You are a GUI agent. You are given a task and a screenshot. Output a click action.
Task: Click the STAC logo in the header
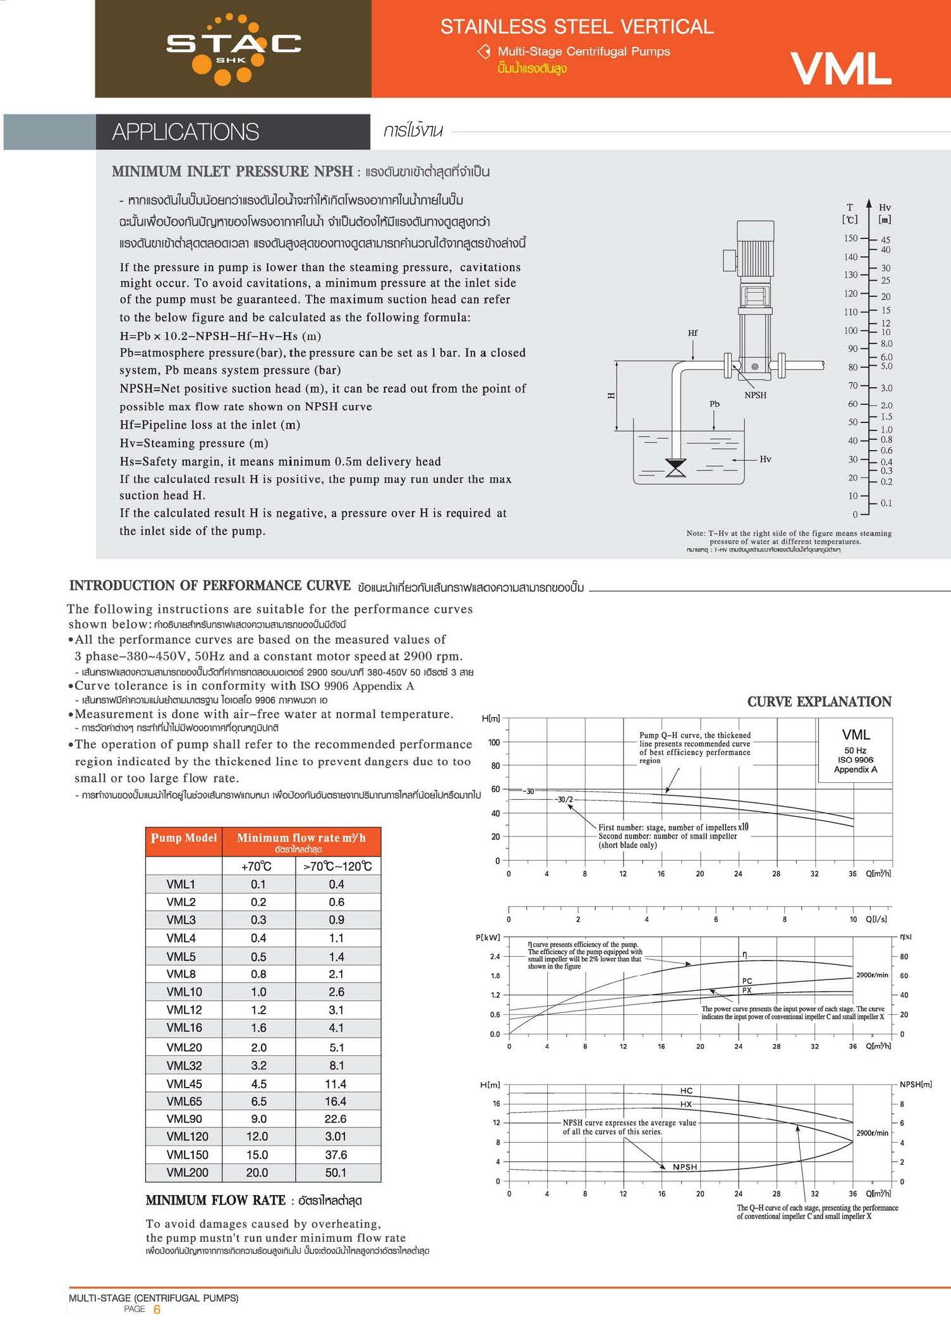[x=233, y=48]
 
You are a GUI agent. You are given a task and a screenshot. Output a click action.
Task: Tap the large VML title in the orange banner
[x=840, y=68]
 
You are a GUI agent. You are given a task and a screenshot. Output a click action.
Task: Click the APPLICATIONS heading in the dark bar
[x=186, y=132]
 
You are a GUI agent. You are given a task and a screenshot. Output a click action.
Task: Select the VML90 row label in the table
[x=184, y=1119]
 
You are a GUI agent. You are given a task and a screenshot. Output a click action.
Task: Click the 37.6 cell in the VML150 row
[x=336, y=1155]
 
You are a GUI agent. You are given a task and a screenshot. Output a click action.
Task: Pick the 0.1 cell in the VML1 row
[x=258, y=884]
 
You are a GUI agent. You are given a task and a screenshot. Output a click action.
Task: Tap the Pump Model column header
[x=184, y=838]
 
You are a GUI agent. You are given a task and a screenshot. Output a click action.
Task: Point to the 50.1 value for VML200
[x=336, y=1172]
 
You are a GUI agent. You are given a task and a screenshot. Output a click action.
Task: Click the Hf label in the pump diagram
[x=693, y=333]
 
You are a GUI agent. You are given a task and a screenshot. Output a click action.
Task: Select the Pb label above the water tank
[x=715, y=403]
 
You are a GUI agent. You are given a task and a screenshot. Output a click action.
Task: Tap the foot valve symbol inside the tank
[x=675, y=469]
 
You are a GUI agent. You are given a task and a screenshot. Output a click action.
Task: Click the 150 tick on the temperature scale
[x=851, y=238]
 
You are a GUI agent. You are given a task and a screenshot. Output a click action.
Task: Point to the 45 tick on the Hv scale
[x=886, y=240]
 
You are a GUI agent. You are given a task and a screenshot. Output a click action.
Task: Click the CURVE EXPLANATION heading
[x=819, y=701]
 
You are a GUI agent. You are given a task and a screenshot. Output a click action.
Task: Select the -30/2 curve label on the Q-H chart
[x=564, y=799]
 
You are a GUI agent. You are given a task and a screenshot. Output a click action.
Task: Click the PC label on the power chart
[x=747, y=981]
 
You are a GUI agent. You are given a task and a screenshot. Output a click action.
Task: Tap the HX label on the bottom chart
[x=686, y=1104]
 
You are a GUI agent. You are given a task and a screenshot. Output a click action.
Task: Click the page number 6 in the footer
[x=157, y=1309]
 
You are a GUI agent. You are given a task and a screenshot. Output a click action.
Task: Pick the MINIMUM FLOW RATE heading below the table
[x=215, y=1200]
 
